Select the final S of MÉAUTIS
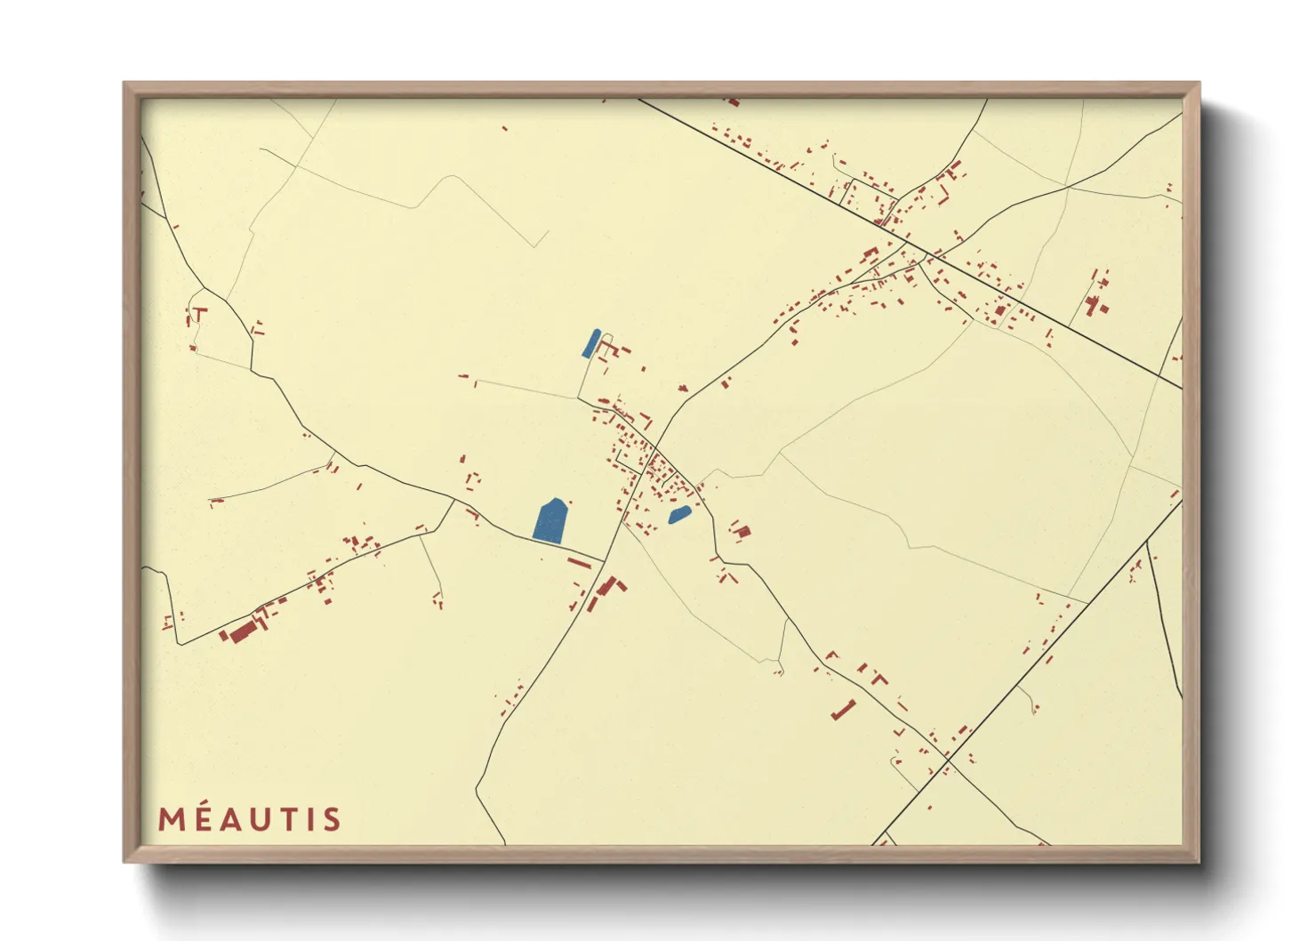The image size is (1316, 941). tap(333, 819)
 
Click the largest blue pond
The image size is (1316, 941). tap(550, 521)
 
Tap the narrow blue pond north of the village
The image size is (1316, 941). tap(591, 343)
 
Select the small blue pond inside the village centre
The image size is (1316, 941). tap(679, 515)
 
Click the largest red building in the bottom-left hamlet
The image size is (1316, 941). tap(243, 631)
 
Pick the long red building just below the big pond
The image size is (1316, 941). tap(579, 563)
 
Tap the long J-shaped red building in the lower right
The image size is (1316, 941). tap(844, 710)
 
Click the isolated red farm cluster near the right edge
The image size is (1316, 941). tap(1096, 302)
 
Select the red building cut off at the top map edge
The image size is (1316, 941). tap(733, 101)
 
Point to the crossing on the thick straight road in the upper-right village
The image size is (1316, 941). tap(927, 255)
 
